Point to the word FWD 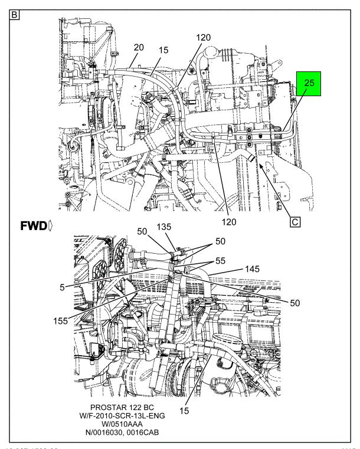click(x=21, y=227)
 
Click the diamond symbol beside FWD click(x=37, y=227)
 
